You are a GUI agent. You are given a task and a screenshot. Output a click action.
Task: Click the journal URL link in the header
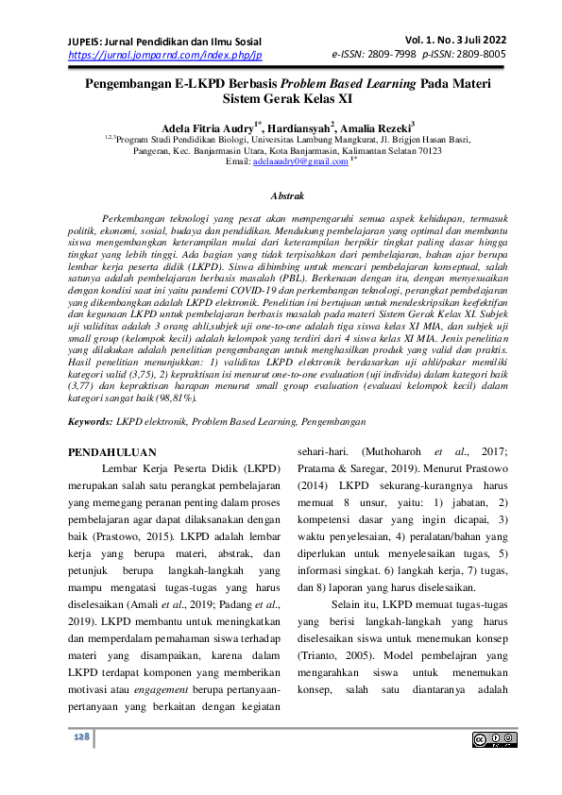click(x=164, y=56)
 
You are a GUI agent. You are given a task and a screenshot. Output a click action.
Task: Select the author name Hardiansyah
click(x=298, y=127)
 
